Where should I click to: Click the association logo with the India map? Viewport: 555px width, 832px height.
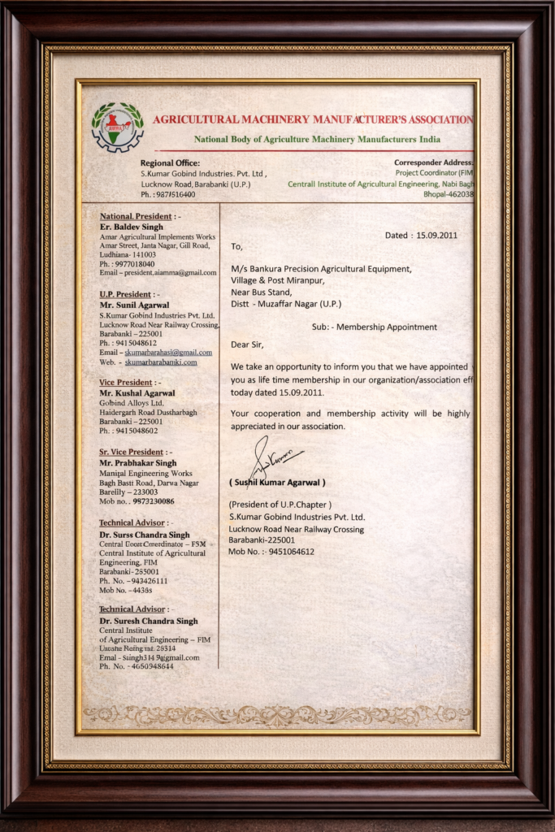117,127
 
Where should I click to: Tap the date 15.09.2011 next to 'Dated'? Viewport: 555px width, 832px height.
437,236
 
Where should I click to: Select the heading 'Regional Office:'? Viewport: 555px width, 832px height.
170,163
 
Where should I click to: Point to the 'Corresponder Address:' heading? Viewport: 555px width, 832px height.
433,163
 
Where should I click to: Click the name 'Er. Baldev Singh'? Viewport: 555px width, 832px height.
131,227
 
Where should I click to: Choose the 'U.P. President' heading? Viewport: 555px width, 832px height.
126,294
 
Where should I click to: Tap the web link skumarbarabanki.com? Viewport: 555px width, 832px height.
161,362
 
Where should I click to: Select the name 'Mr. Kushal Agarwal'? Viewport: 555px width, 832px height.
137,392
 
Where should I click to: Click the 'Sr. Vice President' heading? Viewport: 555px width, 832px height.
132,452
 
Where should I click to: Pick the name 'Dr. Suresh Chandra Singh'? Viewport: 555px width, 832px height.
149,621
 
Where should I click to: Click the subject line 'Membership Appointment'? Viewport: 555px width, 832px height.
386,327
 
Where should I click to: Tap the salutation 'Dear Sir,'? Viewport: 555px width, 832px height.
247,344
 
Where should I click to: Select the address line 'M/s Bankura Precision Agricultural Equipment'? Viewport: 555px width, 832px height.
321,268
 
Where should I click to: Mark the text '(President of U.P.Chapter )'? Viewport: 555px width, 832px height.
280,505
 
